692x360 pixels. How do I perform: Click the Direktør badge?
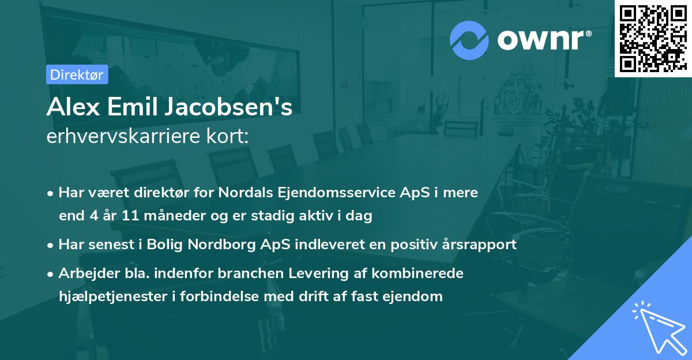pyautogui.click(x=76, y=74)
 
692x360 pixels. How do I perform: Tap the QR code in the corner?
pyautogui.click(x=653, y=38)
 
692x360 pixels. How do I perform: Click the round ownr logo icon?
pyautogui.click(x=469, y=39)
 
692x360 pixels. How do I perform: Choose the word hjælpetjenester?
pyautogui.click(x=106, y=297)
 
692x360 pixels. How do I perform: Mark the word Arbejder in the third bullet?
pyautogui.click(x=84, y=273)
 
